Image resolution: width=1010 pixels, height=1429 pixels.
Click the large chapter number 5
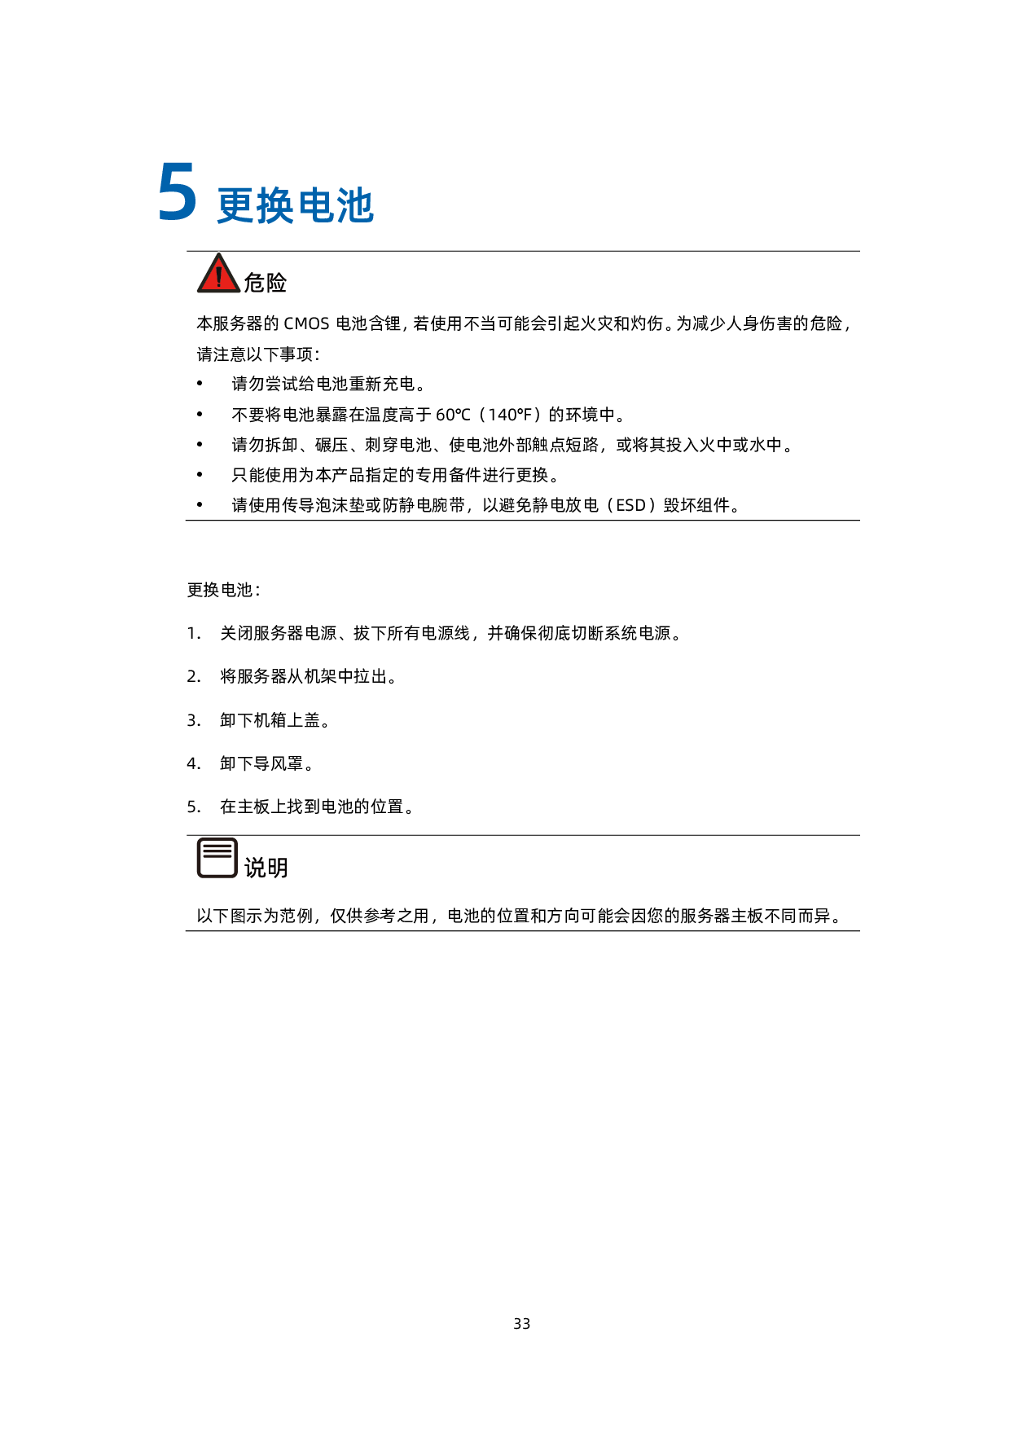177,192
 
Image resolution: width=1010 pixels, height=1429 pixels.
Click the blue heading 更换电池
295,205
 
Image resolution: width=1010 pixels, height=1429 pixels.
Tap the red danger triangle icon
218,273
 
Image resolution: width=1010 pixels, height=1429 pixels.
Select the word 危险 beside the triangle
266,283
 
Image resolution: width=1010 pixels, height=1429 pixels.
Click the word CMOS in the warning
306,323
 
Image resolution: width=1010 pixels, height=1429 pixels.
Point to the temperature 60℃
453,415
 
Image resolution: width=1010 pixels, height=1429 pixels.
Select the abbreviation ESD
631,505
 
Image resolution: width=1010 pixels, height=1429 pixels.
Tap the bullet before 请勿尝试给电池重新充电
200,384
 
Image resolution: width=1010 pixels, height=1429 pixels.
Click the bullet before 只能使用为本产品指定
200,475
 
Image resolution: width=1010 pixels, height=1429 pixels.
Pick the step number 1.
193,633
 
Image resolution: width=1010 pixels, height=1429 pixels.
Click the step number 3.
193,720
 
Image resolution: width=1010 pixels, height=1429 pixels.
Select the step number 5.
193,807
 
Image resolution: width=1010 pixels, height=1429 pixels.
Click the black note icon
217,858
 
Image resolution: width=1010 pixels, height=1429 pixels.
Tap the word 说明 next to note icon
266,868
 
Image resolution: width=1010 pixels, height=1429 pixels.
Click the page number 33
522,1324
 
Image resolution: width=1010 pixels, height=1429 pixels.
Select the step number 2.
193,676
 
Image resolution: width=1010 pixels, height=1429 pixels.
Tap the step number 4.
193,763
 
